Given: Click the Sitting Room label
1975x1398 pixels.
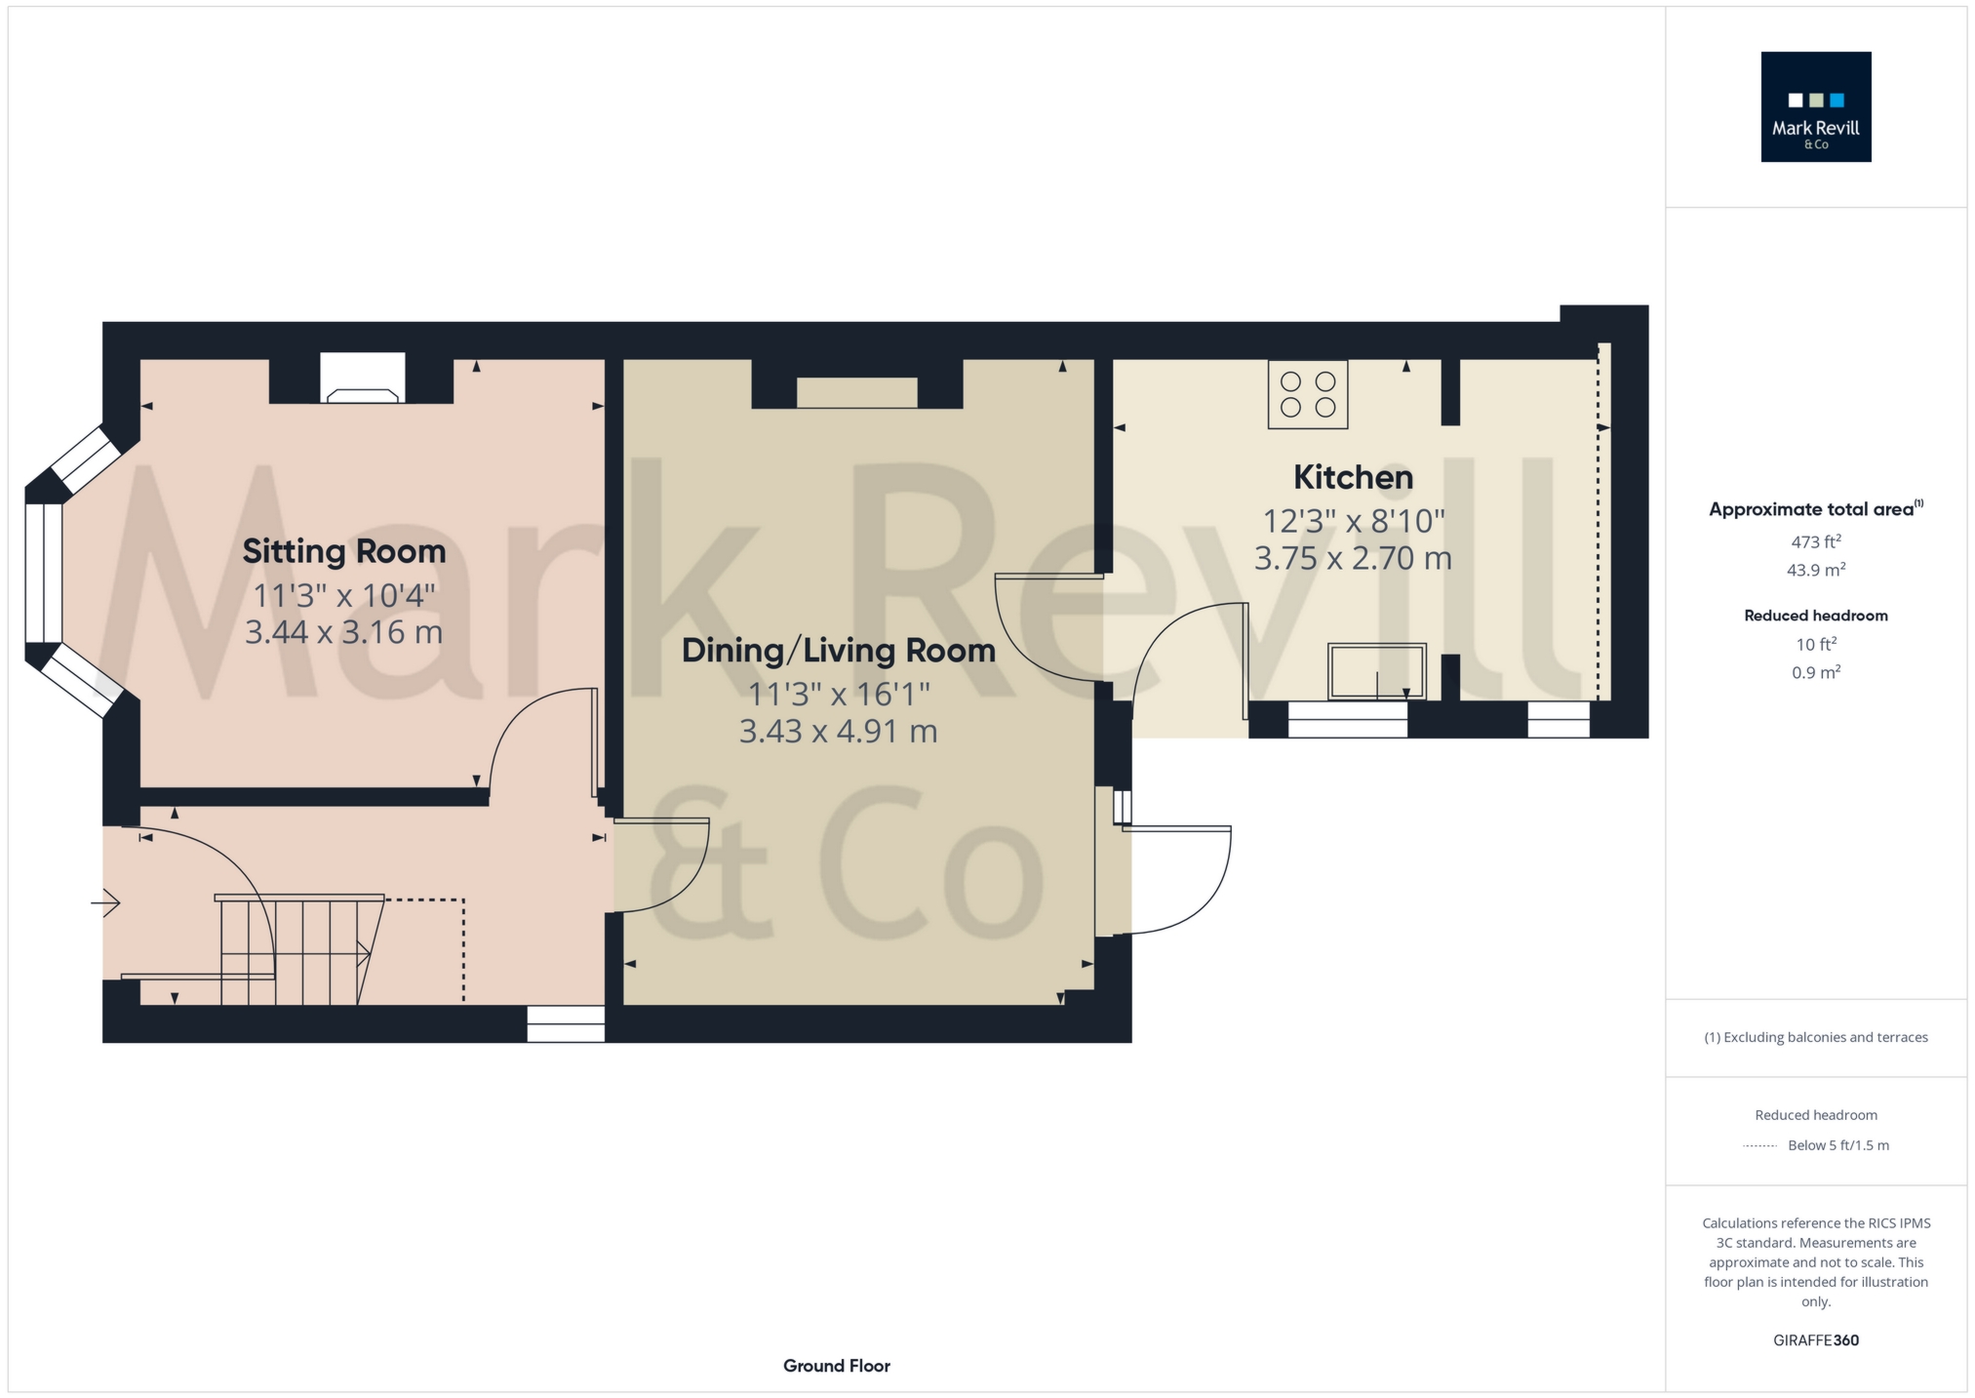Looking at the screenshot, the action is click(x=344, y=551).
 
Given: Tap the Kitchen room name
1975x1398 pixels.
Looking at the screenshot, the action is click(x=1353, y=477).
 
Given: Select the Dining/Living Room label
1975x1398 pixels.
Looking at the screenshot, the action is click(x=839, y=651).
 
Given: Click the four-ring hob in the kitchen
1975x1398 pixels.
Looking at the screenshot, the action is click(x=1308, y=394).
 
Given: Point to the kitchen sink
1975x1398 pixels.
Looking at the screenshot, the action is click(x=1377, y=671).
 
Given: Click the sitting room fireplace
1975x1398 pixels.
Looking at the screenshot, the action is click(x=362, y=378).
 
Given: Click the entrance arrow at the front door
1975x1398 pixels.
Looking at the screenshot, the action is click(x=105, y=903).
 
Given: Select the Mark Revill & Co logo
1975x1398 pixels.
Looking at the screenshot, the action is click(x=1816, y=106).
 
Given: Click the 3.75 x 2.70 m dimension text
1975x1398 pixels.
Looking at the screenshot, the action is click(x=1353, y=559).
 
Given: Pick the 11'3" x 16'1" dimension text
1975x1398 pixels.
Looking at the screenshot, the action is click(x=839, y=694).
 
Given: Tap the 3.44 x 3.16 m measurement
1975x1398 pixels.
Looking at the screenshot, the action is click(x=344, y=632).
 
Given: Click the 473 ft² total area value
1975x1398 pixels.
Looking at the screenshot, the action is click(x=1816, y=541).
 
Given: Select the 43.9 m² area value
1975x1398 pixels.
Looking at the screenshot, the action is click(x=1816, y=570).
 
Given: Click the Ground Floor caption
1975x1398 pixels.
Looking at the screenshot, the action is click(x=837, y=1366).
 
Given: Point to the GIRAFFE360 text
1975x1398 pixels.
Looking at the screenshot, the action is click(x=1816, y=1340).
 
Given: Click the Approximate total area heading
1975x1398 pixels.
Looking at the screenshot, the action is click(x=1816, y=508).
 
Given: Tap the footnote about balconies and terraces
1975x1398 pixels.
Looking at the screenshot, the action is click(x=1816, y=1037).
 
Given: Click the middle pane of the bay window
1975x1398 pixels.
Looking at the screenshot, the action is click(x=43, y=573).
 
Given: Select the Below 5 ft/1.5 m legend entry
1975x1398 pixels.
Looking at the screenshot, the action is click(x=1838, y=1145).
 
